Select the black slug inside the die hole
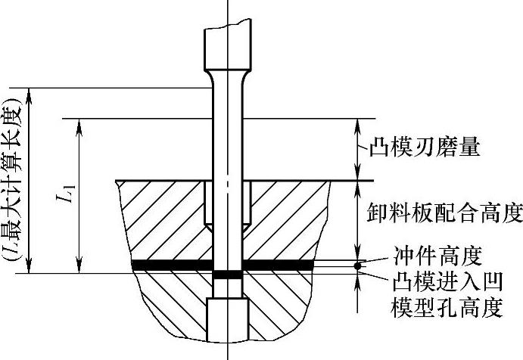pyautogui.click(x=228, y=275)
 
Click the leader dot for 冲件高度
pyautogui.click(x=358, y=265)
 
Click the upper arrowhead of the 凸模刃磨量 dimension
pyautogui.click(x=358, y=124)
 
